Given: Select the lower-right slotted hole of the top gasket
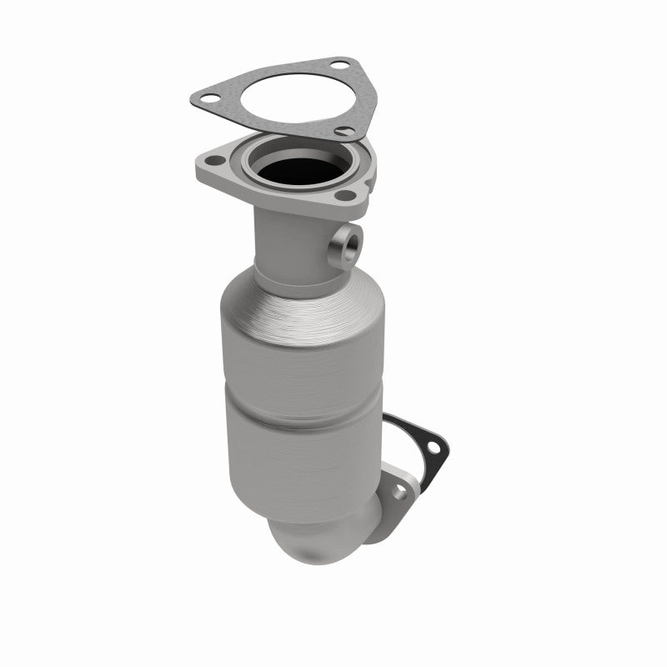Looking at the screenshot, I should coord(341,129).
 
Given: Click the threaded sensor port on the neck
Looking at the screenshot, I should coord(343,248).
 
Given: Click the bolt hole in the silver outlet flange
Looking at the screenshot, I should coord(399,492).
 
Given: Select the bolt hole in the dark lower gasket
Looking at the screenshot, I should coord(432,444).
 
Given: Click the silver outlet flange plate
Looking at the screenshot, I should coord(392,500).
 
